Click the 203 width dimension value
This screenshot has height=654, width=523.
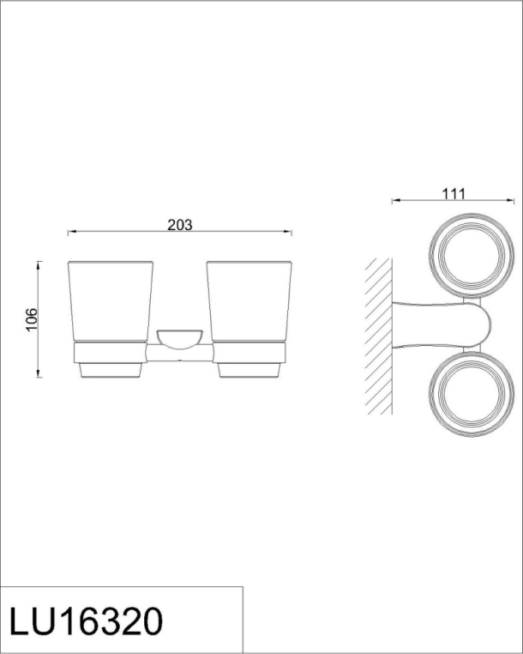(180, 225)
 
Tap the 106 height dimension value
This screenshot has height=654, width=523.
(32, 319)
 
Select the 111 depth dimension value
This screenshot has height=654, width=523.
(454, 194)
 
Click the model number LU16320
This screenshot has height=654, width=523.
(86, 621)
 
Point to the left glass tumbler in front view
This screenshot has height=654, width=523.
(111, 302)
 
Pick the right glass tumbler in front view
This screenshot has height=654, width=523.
(249, 302)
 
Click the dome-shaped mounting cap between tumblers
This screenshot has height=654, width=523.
(179, 339)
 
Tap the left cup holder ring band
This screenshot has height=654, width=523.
(110, 353)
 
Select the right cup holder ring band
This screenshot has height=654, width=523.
(249, 353)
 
